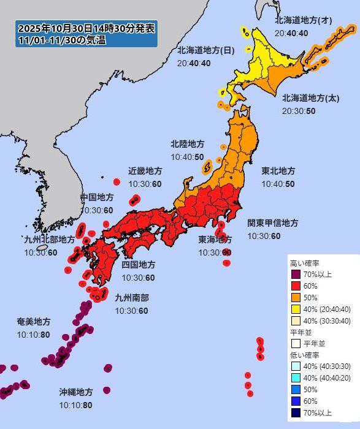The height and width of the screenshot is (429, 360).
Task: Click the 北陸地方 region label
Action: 187,145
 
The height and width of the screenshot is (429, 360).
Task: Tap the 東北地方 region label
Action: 278,170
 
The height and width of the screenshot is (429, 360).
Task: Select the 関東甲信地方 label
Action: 272,223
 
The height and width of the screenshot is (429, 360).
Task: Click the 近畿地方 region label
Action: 145,170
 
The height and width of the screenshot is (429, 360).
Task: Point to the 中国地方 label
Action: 97,197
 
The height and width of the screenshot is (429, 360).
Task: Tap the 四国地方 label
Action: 138,265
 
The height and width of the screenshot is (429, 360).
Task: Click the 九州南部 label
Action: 131,298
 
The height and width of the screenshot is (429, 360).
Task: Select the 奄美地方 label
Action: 34,321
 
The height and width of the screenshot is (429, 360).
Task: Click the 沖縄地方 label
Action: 76,392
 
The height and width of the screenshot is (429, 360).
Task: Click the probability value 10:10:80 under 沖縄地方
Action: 76,405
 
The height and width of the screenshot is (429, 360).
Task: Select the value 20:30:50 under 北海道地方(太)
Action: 299,111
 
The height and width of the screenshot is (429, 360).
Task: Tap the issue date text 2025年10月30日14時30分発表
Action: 86,28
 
